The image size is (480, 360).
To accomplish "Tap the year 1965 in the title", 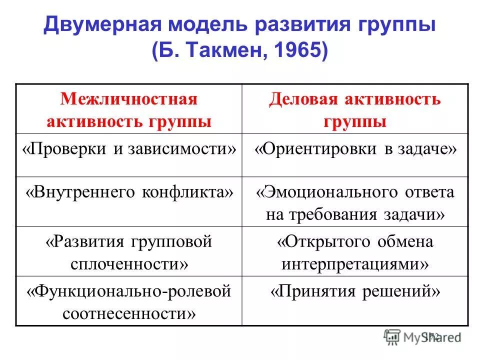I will click(x=295, y=50).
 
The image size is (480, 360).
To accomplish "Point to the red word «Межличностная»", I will click(x=129, y=98).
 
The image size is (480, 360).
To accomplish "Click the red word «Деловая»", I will click(x=303, y=98).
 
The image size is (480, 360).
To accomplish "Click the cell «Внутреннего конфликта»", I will click(x=129, y=192).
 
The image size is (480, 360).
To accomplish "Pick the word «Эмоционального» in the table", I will click(x=333, y=192).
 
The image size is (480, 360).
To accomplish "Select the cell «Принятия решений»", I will click(x=355, y=291).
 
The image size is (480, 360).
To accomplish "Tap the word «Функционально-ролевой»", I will click(x=129, y=291).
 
